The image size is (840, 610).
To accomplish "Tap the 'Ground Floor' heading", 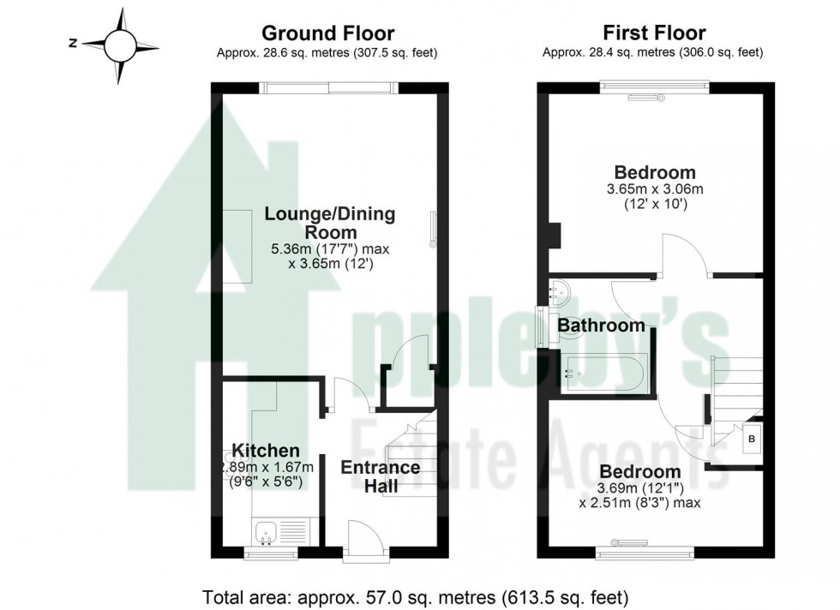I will (x=327, y=33).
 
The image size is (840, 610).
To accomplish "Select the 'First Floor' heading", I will (x=654, y=33).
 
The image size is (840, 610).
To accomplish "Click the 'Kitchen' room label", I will (x=266, y=451).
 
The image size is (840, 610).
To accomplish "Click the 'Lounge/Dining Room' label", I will (x=329, y=223).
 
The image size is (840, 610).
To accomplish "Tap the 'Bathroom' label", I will (x=601, y=326).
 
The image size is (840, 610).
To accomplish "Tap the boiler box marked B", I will (x=752, y=440).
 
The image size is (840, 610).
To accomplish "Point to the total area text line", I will (x=416, y=595).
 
